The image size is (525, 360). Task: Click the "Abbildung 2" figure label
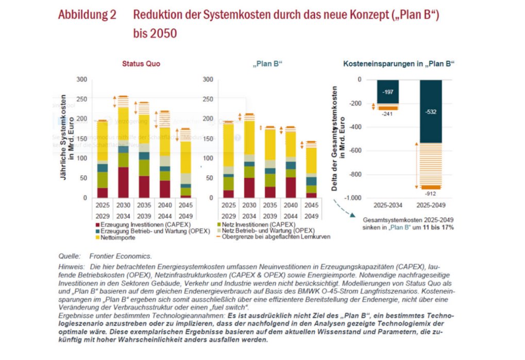coord(87,15)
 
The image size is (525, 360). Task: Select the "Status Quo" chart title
coord(141,64)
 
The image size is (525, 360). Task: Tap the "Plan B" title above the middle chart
coord(268,64)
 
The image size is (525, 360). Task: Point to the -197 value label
coord(387,92)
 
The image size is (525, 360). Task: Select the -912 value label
coord(431,194)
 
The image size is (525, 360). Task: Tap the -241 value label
coord(387,114)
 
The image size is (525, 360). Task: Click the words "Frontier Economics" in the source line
coord(120,256)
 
